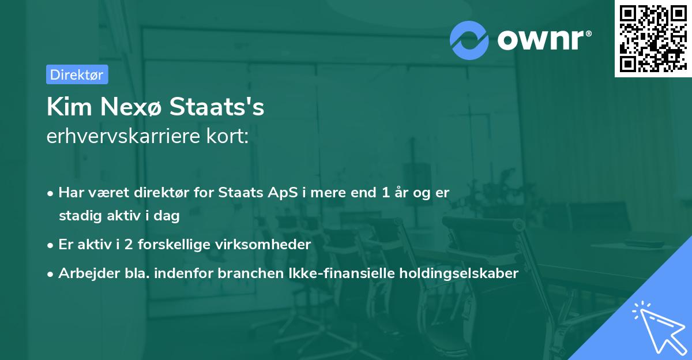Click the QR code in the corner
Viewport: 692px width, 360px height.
[653, 39]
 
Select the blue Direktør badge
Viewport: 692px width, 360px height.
[77, 74]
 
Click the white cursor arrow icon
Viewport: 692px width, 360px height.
[657, 326]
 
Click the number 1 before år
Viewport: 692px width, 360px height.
[385, 193]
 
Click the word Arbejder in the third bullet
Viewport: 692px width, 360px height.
[83, 273]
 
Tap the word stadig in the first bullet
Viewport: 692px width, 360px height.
[76, 216]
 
